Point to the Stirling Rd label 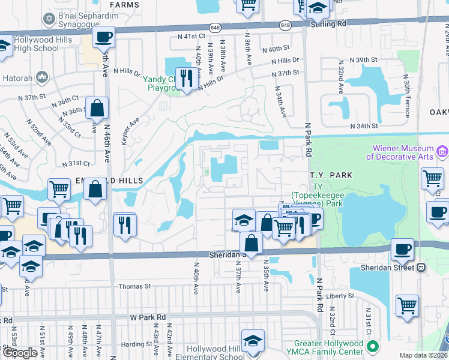329,23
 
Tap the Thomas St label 133,287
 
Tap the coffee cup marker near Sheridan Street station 402,249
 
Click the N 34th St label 364,126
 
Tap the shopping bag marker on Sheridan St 251,244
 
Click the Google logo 20,353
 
